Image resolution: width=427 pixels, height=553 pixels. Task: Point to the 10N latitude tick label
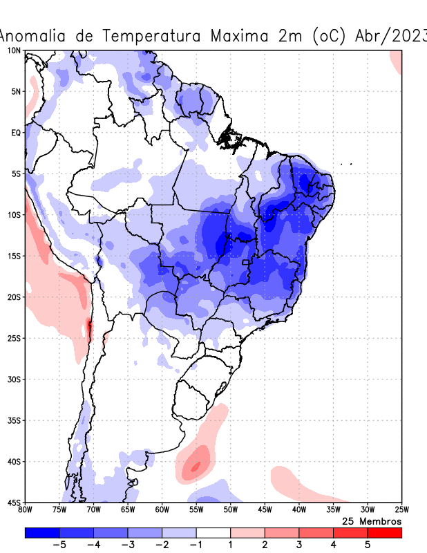click(x=14, y=50)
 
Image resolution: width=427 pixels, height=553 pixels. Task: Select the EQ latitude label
click(x=16, y=132)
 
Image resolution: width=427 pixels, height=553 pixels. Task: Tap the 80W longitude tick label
click(x=26, y=510)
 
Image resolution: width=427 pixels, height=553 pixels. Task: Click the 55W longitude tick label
click(x=196, y=510)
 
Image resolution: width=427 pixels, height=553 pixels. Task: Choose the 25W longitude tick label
click(x=401, y=510)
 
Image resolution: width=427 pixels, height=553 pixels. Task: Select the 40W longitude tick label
click(x=298, y=510)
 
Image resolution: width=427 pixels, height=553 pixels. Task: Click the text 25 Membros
click(x=372, y=521)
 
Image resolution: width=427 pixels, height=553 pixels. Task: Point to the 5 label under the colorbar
click(x=368, y=545)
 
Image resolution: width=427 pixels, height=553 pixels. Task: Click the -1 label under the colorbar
click(x=196, y=545)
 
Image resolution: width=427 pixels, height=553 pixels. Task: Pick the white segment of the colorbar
click(x=213, y=533)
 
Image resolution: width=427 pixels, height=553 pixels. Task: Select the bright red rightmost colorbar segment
click(x=384, y=533)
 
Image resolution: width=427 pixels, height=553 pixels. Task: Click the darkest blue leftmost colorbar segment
click(x=42, y=533)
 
